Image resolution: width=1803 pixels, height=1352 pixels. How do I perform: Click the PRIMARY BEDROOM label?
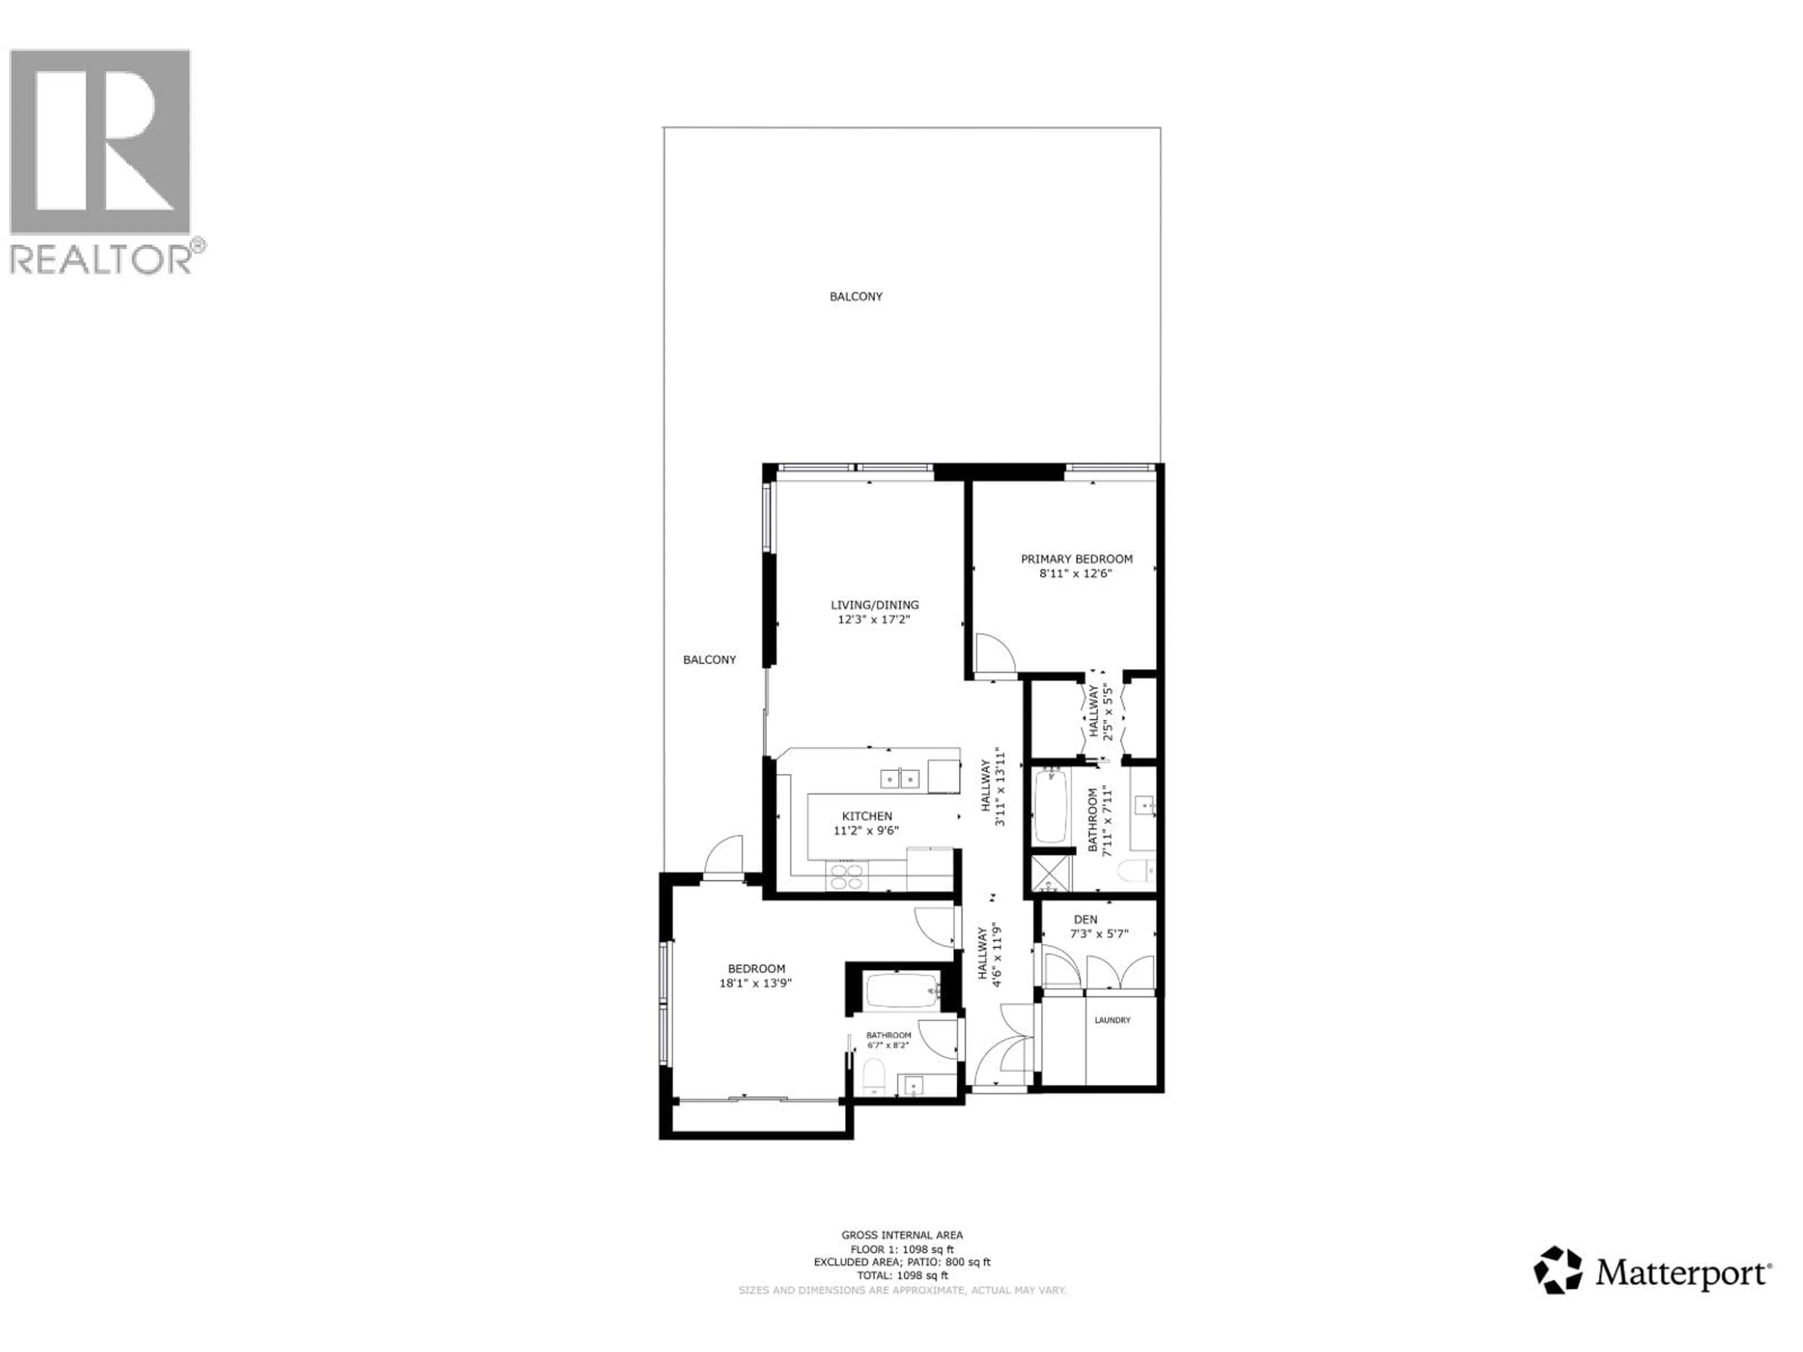coord(1077,559)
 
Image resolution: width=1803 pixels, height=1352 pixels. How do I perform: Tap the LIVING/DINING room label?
coord(875,605)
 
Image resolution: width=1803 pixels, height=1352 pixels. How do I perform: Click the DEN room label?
coord(1086,919)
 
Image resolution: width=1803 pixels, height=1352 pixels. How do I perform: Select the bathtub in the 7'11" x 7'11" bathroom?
coord(1051,807)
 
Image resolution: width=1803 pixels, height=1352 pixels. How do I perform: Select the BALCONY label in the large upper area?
coord(856,297)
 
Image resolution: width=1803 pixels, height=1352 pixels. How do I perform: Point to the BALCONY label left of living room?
coord(709,660)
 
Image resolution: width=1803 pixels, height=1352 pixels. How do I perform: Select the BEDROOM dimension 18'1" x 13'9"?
coord(755,983)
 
